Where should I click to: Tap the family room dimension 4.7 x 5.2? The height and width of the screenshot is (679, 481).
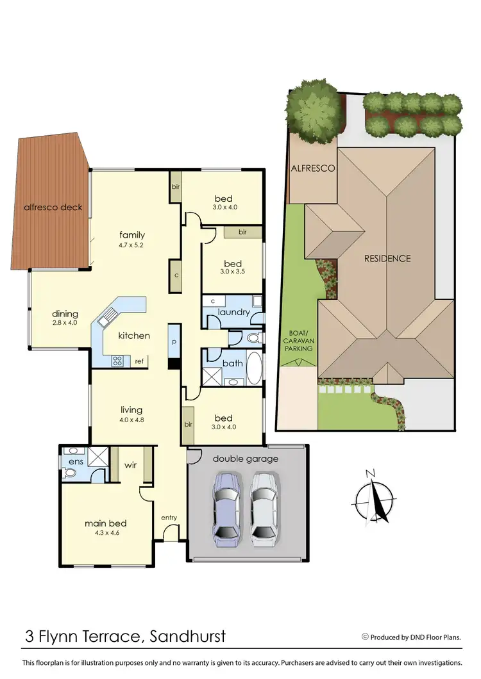pyautogui.click(x=131, y=245)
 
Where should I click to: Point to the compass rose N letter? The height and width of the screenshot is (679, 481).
pyautogui.click(x=369, y=474)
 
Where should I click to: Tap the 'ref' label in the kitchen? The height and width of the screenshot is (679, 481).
pyautogui.click(x=139, y=361)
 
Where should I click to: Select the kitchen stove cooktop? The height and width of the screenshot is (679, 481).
pyautogui.click(x=118, y=360)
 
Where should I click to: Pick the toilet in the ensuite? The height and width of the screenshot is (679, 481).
pyautogui.click(x=71, y=473)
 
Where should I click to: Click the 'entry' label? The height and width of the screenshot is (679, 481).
pyautogui.click(x=169, y=518)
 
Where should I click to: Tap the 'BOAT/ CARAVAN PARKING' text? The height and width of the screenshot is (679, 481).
pyautogui.click(x=299, y=340)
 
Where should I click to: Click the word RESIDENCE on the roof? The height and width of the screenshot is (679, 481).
pyautogui.click(x=387, y=258)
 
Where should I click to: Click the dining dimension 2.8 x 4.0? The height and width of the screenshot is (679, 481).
pyautogui.click(x=65, y=323)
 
